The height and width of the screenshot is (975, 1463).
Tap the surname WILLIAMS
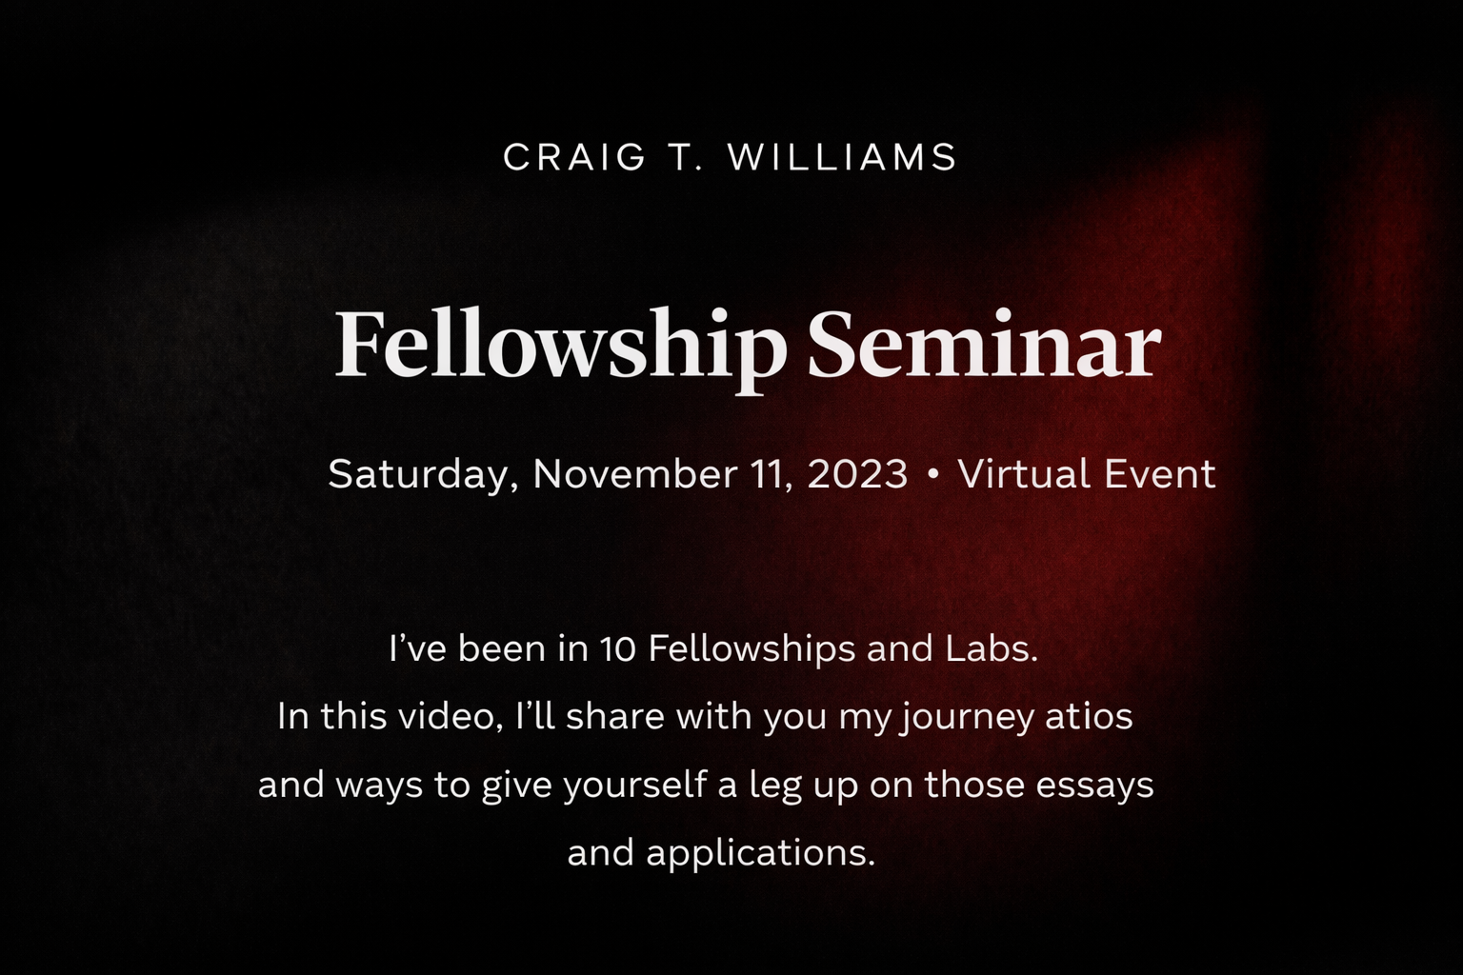843,157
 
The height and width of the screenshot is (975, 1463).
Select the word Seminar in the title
984,347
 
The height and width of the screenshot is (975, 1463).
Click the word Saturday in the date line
423,474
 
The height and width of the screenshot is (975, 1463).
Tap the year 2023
856,473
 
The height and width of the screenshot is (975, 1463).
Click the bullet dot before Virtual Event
933,473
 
